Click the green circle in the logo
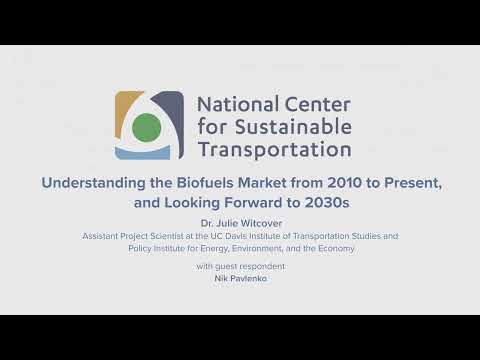tap(146, 127)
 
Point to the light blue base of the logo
tap(146, 153)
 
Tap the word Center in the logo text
tap(315, 104)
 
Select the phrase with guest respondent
tap(240, 266)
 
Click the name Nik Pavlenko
tap(240, 278)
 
